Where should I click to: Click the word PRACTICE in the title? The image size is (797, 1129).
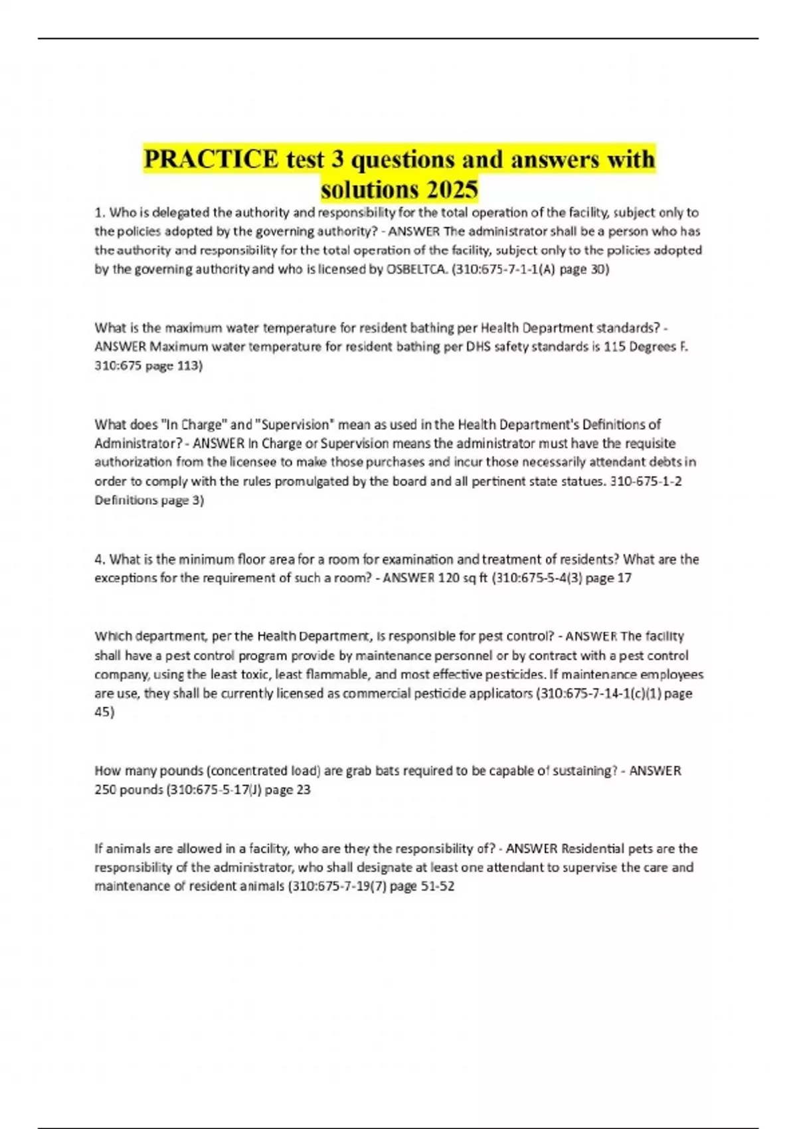point(211,159)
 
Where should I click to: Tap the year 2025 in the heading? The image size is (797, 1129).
point(452,190)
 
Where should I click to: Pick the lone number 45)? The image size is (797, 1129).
point(104,712)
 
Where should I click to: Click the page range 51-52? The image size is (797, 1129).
point(438,887)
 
